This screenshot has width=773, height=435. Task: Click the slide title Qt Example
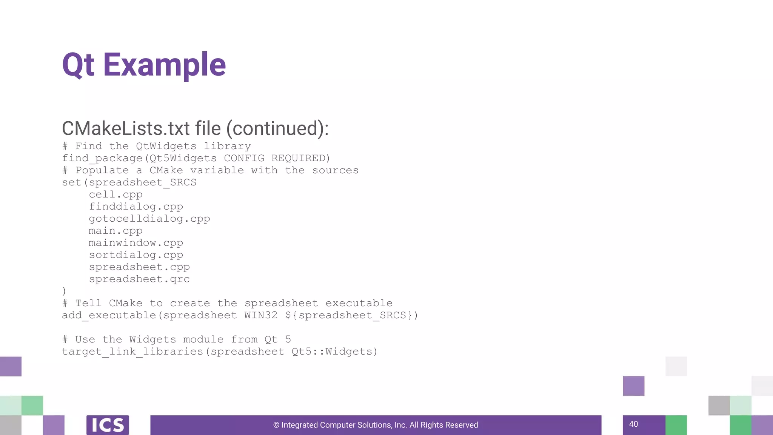pyautogui.click(x=144, y=65)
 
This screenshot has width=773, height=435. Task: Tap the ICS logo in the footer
pyautogui.click(x=108, y=425)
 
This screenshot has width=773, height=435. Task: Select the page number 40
pyautogui.click(x=633, y=424)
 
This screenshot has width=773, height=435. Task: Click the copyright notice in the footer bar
pyautogui.click(x=376, y=425)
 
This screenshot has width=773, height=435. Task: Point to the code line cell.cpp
pyautogui.click(x=115, y=194)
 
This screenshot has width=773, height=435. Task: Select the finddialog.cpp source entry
pyautogui.click(x=136, y=207)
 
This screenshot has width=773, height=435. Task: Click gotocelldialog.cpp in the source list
pyautogui.click(x=149, y=219)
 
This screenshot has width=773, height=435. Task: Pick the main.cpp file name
pyautogui.click(x=115, y=231)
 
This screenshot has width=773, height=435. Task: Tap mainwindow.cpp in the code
pyautogui.click(x=136, y=243)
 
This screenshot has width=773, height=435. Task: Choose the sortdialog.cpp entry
pyautogui.click(x=136, y=255)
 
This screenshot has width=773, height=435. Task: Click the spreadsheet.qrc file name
pyautogui.click(x=139, y=279)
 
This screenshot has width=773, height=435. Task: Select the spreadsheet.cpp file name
pyautogui.click(x=139, y=267)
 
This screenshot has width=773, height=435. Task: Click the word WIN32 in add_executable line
pyautogui.click(x=260, y=315)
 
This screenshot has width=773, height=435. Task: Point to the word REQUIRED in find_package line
pyautogui.click(x=300, y=158)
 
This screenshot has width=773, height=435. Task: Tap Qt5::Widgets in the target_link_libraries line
pyautogui.click(x=334, y=352)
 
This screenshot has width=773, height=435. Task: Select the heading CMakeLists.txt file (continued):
pyautogui.click(x=195, y=128)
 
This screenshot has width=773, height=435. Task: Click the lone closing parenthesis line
pyautogui.click(x=64, y=291)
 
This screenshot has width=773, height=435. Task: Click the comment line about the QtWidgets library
pyautogui.click(x=156, y=146)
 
